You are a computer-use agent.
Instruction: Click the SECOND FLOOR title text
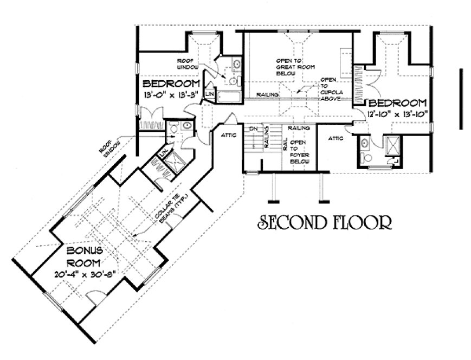pos(324,222)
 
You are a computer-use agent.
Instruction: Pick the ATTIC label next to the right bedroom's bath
pos(336,138)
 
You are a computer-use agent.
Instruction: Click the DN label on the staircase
pos(253,128)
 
